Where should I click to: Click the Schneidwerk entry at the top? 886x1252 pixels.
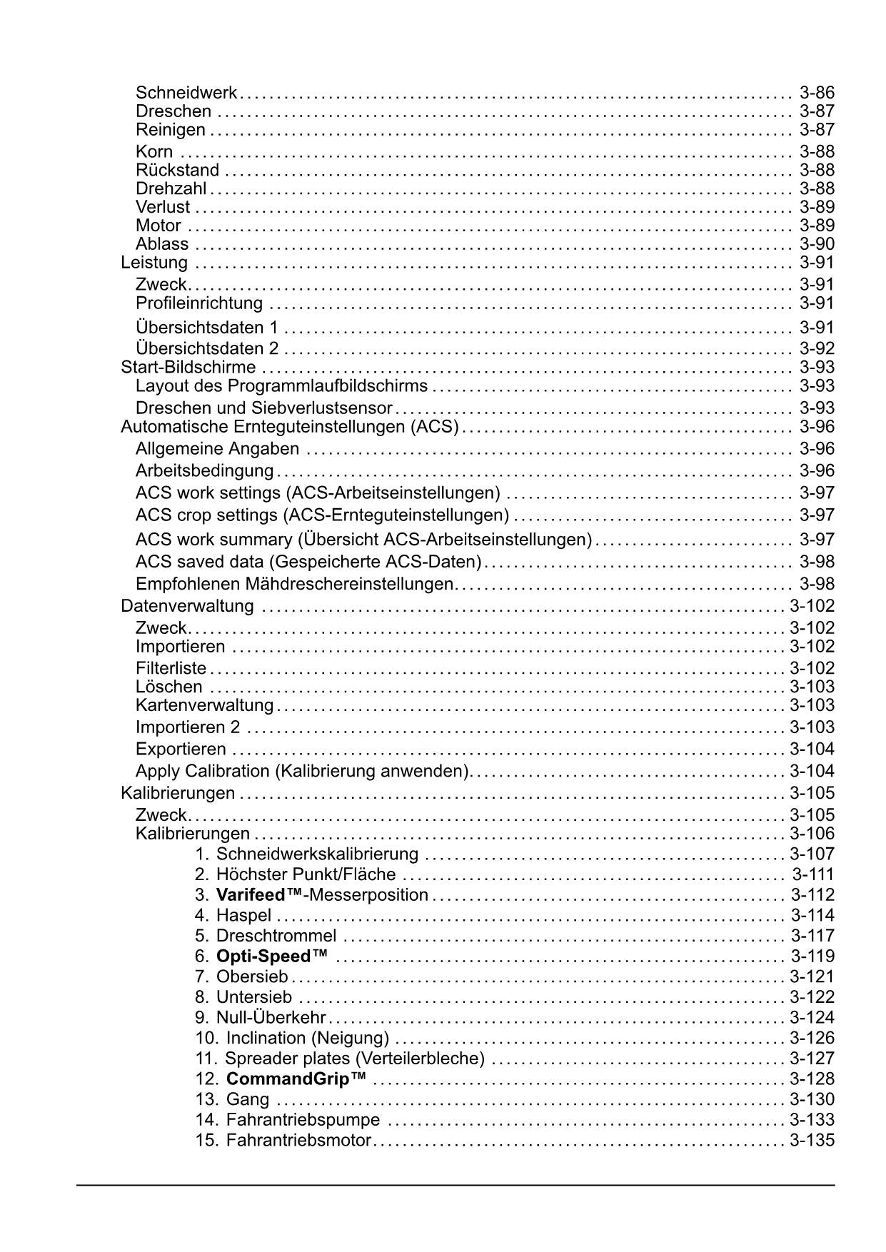pyautogui.click(x=186, y=93)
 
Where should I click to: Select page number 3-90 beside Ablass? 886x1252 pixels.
pyautogui.click(x=817, y=244)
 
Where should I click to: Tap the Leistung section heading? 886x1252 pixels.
pyautogui.click(x=154, y=263)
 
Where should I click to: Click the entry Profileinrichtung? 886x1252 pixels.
pyautogui.click(x=199, y=303)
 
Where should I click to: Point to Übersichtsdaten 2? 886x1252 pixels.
pyautogui.click(x=207, y=349)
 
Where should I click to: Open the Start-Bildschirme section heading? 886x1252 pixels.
pyautogui.click(x=188, y=368)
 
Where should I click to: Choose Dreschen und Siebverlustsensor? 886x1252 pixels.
pyautogui.click(x=264, y=408)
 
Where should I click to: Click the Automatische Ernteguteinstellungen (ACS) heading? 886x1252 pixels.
pyautogui.click(x=289, y=427)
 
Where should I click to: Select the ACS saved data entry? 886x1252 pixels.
pyautogui.click(x=308, y=562)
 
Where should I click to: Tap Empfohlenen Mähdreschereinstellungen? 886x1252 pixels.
pyautogui.click(x=295, y=584)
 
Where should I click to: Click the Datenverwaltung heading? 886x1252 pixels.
pyautogui.click(x=187, y=606)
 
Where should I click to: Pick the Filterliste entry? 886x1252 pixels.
pyautogui.click(x=171, y=668)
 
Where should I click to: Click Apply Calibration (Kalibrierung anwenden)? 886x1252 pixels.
pyautogui.click(x=302, y=771)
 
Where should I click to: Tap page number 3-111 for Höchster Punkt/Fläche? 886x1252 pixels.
pyautogui.click(x=812, y=874)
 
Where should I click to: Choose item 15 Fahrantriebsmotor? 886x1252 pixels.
pyautogui.click(x=298, y=1140)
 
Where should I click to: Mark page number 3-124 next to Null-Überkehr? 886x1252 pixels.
pyautogui.click(x=812, y=1017)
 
